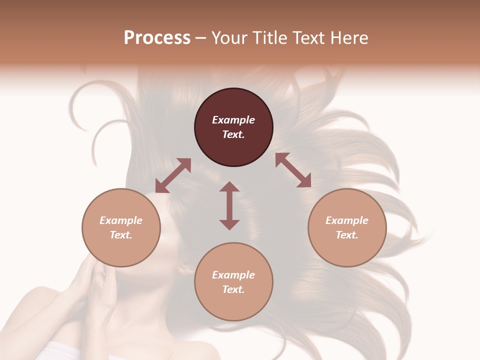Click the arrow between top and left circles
pos(173,175)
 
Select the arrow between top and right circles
pos(293,170)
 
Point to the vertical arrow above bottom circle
pos(229,205)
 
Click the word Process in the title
pos(157,37)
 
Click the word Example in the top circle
pos(233,120)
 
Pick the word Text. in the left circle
pos(121,235)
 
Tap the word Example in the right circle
pos(347,220)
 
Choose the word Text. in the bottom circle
pos(233,289)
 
